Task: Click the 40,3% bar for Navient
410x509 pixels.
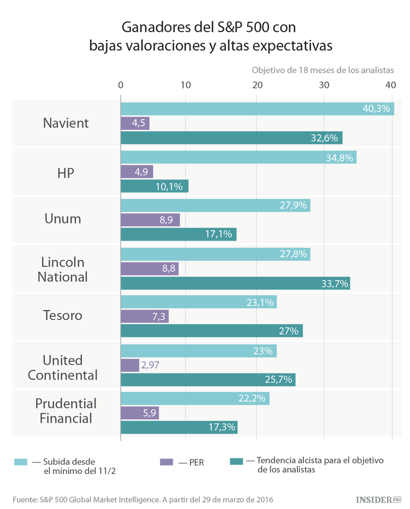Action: (x=257, y=109)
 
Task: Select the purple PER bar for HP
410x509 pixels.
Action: (x=137, y=172)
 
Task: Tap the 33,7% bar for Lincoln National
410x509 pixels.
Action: (x=235, y=284)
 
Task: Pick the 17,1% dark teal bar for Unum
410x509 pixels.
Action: (x=178, y=235)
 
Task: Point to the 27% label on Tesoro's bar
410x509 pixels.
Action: (x=289, y=331)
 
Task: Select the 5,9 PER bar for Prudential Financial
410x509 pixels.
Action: (x=139, y=413)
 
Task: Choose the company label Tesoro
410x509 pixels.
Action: (x=62, y=315)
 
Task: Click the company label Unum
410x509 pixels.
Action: (x=62, y=219)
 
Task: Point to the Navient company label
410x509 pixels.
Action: (x=66, y=123)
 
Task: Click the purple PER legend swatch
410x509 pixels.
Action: (x=166, y=462)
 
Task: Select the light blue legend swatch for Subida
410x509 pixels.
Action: (x=21, y=462)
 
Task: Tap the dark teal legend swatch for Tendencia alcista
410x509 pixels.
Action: (x=236, y=461)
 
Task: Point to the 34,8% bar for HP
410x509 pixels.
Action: (x=238, y=157)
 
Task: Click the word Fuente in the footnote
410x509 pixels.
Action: (x=25, y=500)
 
